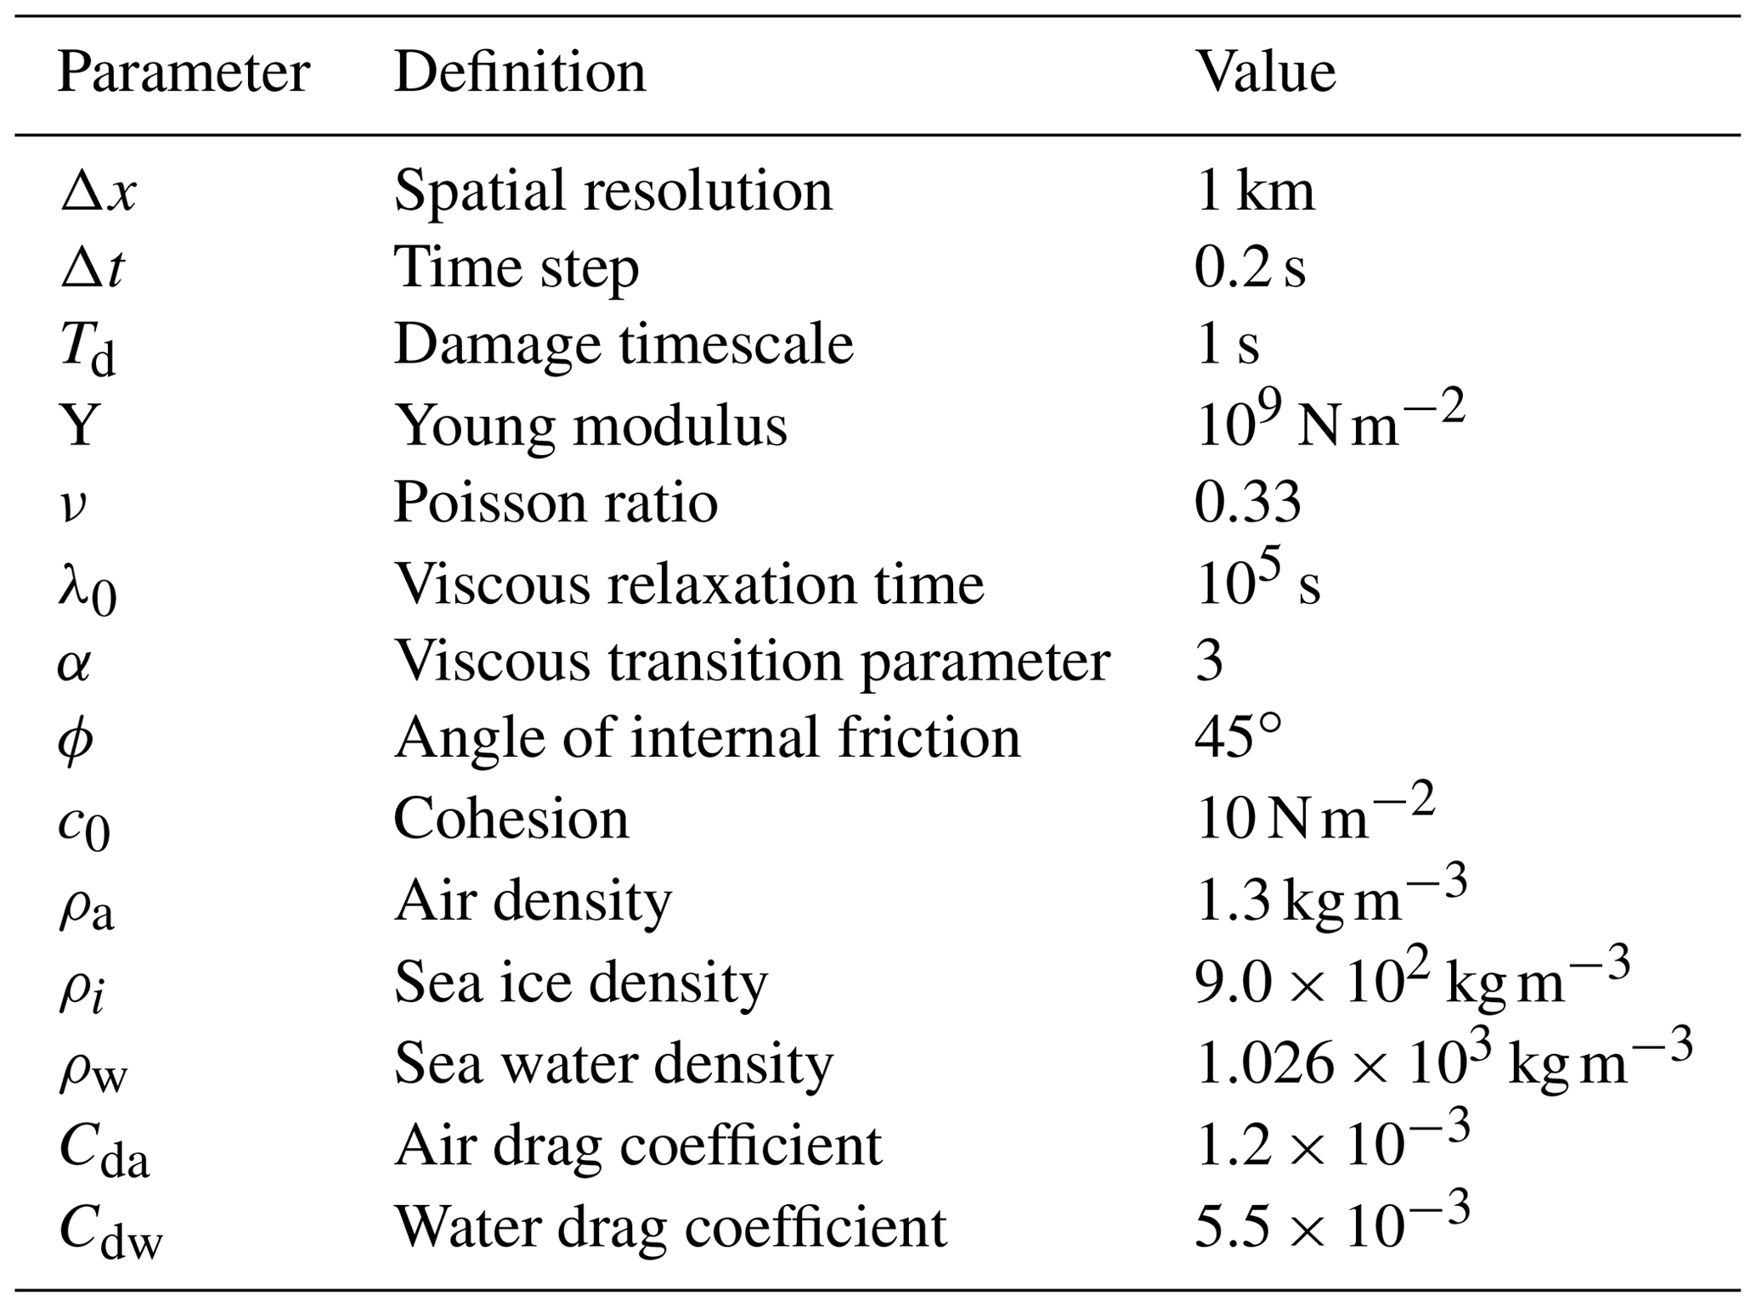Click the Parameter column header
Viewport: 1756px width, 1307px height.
click(x=183, y=73)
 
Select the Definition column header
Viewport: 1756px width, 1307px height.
click(x=519, y=73)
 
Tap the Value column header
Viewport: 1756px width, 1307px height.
click(x=1265, y=73)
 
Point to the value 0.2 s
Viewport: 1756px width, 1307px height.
click(x=1249, y=269)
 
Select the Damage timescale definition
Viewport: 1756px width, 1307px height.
click(x=623, y=346)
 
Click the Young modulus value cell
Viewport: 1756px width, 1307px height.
click(x=1330, y=423)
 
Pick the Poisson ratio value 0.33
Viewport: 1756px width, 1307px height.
click(x=1247, y=502)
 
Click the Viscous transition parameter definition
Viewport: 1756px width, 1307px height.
click(x=751, y=662)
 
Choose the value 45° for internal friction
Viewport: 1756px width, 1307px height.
click(x=1237, y=738)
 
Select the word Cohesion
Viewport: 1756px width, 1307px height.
click(x=511, y=820)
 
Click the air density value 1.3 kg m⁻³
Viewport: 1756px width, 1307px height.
click(x=1330, y=899)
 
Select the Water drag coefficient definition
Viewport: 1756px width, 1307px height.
click(x=669, y=1227)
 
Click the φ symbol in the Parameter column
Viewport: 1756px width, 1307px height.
click(x=76, y=740)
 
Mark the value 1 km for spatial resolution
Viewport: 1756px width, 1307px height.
click(x=1254, y=192)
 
